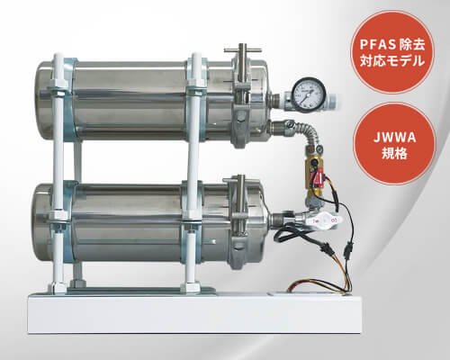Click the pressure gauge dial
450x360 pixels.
pyautogui.click(x=309, y=94)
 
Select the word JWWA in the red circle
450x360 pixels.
pyautogui.click(x=394, y=138)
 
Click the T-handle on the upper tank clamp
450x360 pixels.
pyautogui.click(x=242, y=49)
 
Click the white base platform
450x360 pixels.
pyautogui.click(x=195, y=313)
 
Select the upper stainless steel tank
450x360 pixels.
pyautogui.click(x=153, y=101)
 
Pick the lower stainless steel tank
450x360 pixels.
pyautogui.click(x=150, y=222)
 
